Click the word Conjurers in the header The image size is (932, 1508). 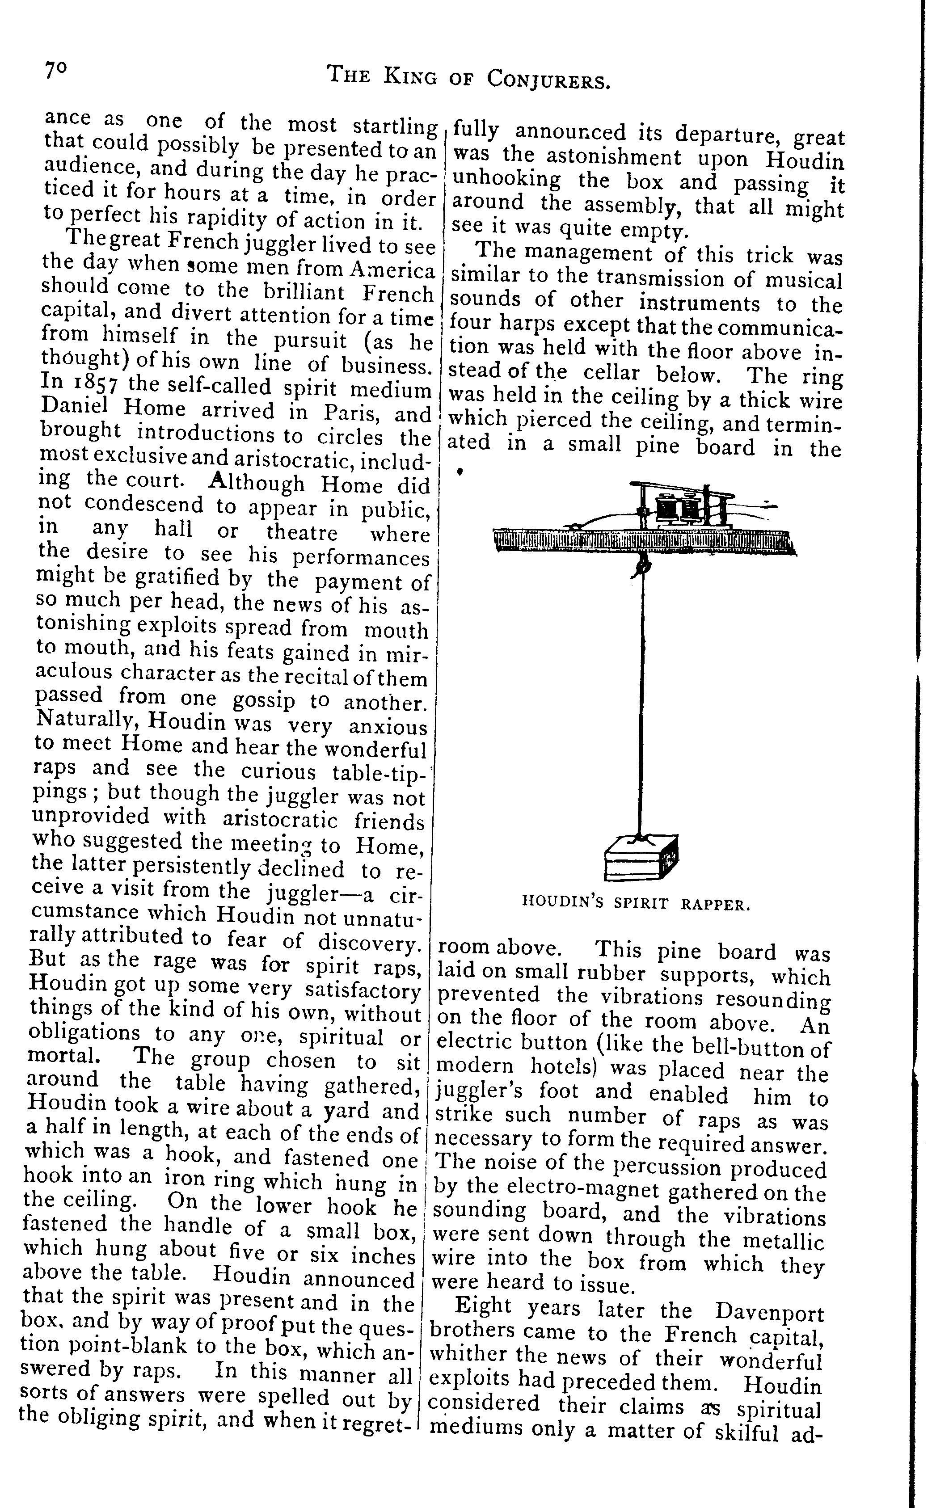548,78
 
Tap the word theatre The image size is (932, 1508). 302,532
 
